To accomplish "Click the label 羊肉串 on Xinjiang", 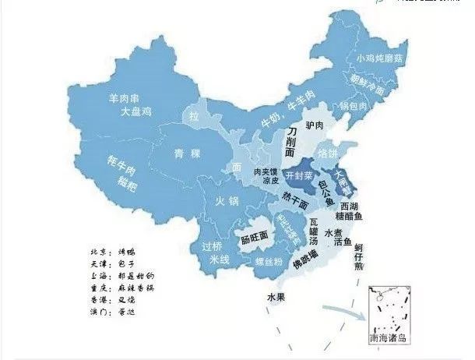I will click(x=129, y=100).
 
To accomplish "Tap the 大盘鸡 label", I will click(x=138, y=113).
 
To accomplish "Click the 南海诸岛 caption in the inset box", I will click(x=389, y=341).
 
